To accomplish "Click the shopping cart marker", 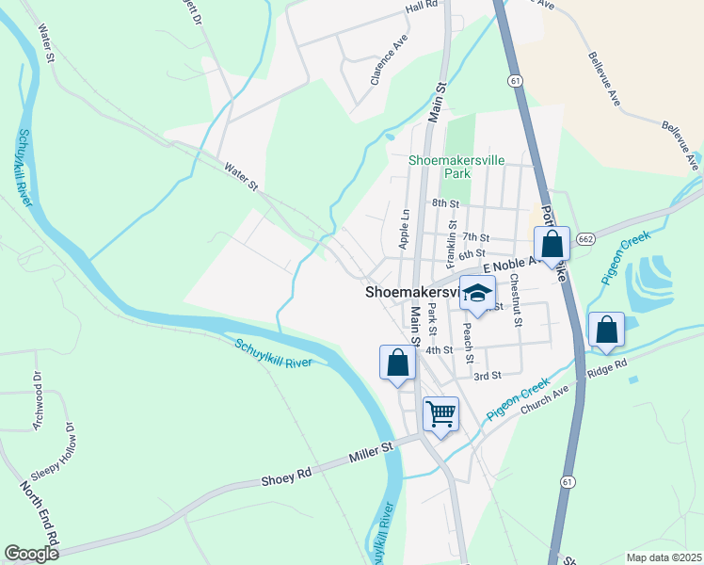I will [440, 413].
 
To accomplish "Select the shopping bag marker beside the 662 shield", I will [552, 245].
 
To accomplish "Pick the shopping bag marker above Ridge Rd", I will [607, 331].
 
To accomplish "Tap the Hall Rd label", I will [423, 6].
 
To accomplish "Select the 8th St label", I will [445, 202].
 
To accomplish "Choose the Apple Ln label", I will [404, 229].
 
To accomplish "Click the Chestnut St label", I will [515, 298].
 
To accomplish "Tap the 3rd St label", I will [487, 376].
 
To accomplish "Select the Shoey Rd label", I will [285, 479].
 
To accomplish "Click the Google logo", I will [31, 554].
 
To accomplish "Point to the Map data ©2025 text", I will [664, 557].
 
